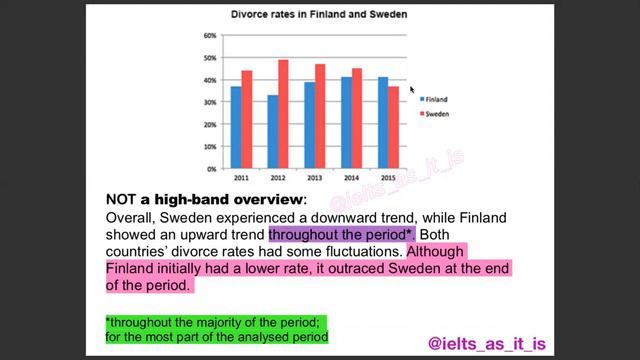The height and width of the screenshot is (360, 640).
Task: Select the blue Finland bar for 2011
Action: coord(236,127)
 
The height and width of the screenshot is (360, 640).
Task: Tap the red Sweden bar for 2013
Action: coord(320,116)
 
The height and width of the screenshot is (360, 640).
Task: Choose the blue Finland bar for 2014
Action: coord(346,122)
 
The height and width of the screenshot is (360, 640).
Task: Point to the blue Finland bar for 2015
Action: coord(382,122)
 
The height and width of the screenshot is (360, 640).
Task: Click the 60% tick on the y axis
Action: coord(210,36)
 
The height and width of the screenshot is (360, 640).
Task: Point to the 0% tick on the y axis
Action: coord(212,169)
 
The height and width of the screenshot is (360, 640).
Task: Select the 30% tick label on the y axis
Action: coord(210,102)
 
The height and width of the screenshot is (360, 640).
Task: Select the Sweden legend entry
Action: coord(435,115)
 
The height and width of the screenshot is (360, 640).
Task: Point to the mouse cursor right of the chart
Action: coord(412,89)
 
